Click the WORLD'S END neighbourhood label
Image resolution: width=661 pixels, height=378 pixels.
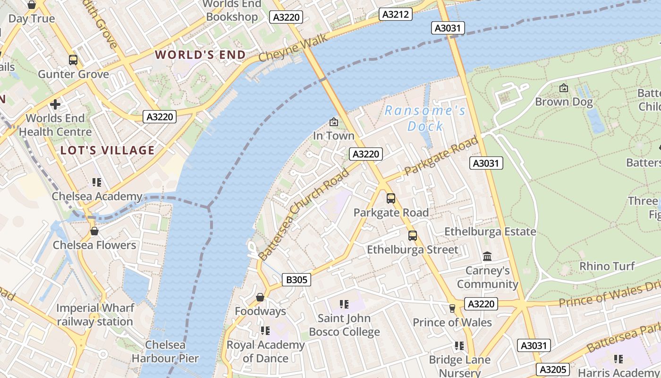[201, 55]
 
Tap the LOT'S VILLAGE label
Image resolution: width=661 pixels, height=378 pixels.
[108, 151]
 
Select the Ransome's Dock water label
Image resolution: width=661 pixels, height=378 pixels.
[425, 119]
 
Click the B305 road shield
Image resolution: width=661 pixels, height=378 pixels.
[297, 280]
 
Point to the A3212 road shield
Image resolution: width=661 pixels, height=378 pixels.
[395, 14]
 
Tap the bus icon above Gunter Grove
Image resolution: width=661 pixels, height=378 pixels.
[73, 60]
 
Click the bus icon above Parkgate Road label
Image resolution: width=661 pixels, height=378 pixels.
[391, 198]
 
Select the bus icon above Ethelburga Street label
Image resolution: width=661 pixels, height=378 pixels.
[413, 235]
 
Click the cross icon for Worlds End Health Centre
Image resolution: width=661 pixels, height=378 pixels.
[55, 104]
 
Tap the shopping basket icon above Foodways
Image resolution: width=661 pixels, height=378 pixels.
[260, 297]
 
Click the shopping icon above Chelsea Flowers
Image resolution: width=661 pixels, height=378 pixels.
[94, 231]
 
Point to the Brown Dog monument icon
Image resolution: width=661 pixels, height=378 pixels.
[563, 88]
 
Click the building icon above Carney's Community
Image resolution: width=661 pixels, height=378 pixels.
[487, 256]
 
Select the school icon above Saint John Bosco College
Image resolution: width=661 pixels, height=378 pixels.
[344, 304]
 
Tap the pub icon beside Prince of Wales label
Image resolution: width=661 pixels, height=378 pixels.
[452, 309]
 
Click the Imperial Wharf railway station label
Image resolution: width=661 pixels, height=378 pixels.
[95, 315]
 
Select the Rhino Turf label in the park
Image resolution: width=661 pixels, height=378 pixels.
[607, 266]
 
